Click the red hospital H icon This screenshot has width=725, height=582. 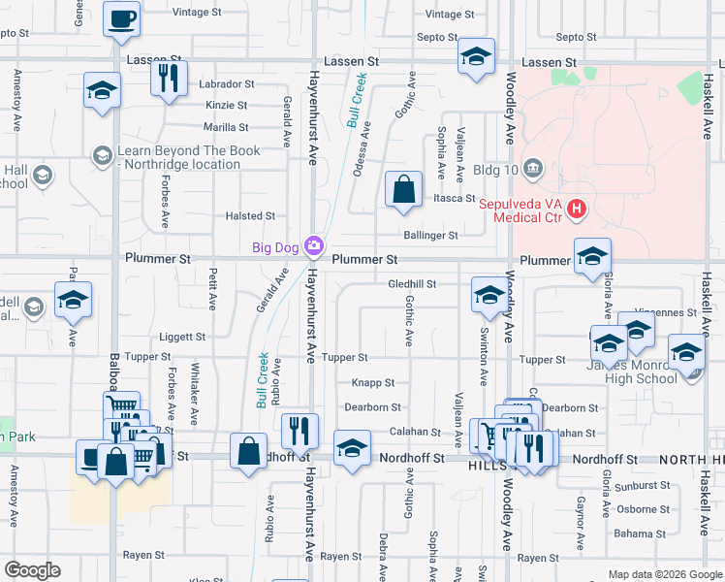[x=577, y=209]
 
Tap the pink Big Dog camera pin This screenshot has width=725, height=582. [x=313, y=246]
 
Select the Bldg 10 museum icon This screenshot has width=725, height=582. [x=532, y=170]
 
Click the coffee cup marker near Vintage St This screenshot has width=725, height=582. [x=122, y=19]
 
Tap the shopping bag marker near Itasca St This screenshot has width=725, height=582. [x=403, y=189]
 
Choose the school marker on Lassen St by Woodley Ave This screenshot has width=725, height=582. [x=476, y=58]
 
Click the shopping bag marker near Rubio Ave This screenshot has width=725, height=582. [x=249, y=451]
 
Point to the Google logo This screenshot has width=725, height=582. [x=32, y=570]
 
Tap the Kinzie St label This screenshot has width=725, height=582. [x=227, y=105]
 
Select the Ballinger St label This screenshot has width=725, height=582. [x=431, y=236]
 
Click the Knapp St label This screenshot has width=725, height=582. [x=373, y=383]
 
